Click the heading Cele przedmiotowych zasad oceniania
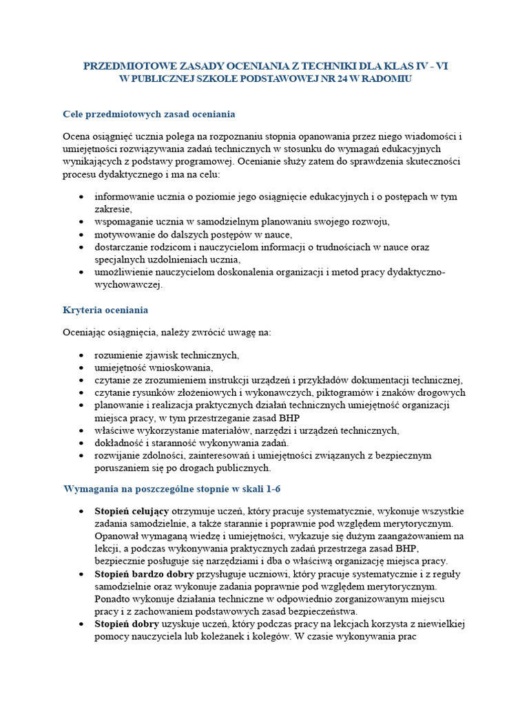[149, 113]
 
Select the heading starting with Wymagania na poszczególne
[172, 489]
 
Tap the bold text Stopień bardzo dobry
[145, 573]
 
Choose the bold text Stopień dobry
[127, 624]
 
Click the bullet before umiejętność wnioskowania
[82, 368]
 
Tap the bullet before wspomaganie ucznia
[82, 222]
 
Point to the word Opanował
[116, 536]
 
